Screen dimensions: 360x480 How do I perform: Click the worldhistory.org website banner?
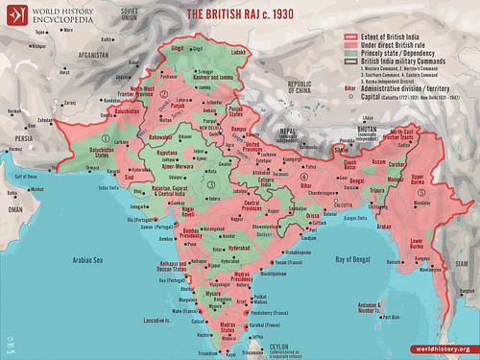pos(442,348)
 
